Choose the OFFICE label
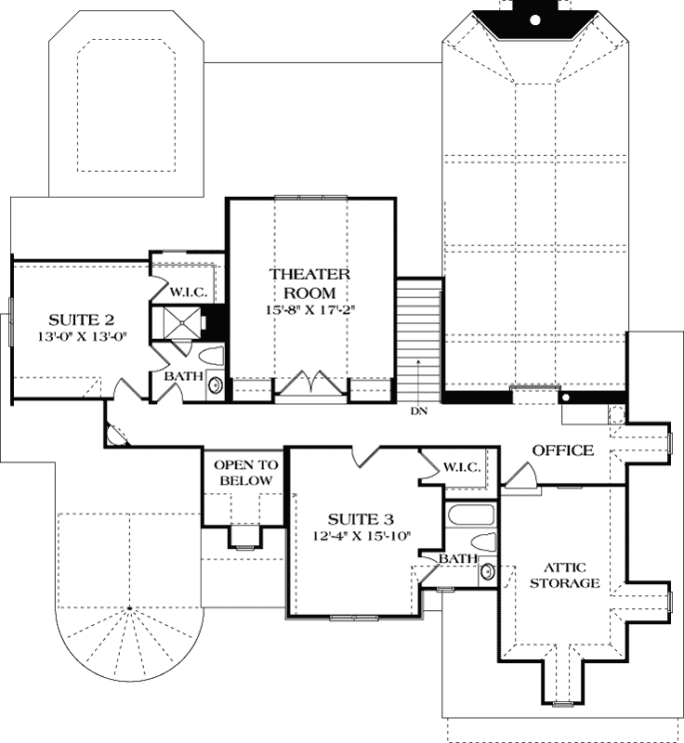[x=562, y=450]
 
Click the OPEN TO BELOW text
[x=243, y=473]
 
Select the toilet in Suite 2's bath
[x=212, y=355]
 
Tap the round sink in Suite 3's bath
[x=487, y=572]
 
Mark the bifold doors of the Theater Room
[x=310, y=384]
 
